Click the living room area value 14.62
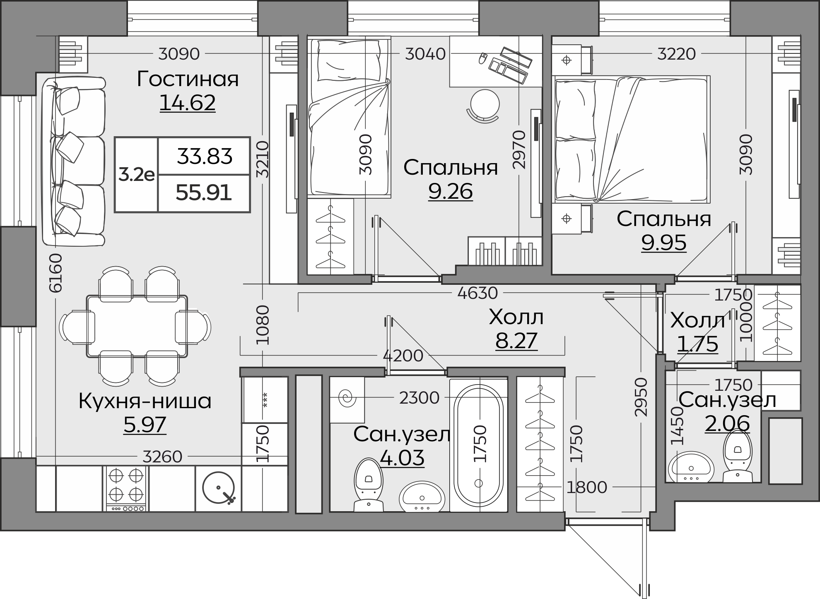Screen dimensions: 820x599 pos(188,103)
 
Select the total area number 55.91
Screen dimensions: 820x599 pos(204,192)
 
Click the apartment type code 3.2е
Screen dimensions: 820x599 pos(136,175)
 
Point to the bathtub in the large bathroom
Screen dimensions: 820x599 pos(479,445)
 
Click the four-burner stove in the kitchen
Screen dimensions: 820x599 pos(126,488)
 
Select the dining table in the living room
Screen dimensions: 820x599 pos(137,326)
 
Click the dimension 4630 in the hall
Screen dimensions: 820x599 pos(478,293)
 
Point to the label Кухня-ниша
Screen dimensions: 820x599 pos(145,401)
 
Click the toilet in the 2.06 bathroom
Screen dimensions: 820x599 pos(737,455)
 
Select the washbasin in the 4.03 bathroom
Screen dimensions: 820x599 pos(422,497)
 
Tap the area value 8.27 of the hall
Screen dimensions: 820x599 pos(516,341)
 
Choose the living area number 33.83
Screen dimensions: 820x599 pos(205,156)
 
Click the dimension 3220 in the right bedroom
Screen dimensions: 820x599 pos(677,54)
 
